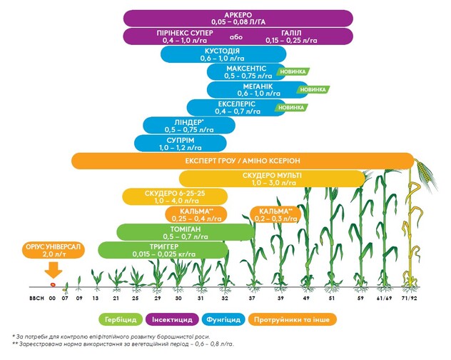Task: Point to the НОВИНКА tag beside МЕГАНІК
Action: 313,90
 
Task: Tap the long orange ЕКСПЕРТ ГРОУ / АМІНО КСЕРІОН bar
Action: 243,161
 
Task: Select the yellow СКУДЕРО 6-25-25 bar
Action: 176,197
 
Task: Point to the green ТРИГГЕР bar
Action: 163,251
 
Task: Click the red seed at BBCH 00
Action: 52,284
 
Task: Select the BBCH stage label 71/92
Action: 410,297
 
